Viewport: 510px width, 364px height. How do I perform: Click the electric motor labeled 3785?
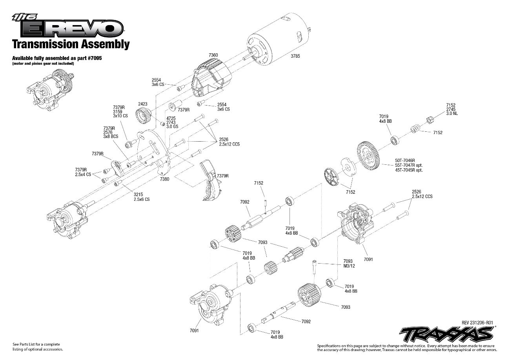(x=275, y=37)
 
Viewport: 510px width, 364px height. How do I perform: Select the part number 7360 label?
(x=213, y=55)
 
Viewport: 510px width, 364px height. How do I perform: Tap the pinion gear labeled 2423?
(x=143, y=116)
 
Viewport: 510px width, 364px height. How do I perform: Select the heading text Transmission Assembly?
(x=71, y=44)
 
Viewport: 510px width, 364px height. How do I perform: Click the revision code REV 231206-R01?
(x=477, y=322)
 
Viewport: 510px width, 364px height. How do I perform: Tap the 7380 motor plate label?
(x=165, y=179)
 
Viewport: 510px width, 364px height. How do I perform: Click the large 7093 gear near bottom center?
(x=308, y=296)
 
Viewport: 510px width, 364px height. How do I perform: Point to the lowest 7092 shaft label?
(x=306, y=322)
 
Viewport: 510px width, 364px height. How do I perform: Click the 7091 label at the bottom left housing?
(x=194, y=330)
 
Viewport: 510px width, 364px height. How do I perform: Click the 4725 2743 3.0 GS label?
(x=171, y=122)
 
